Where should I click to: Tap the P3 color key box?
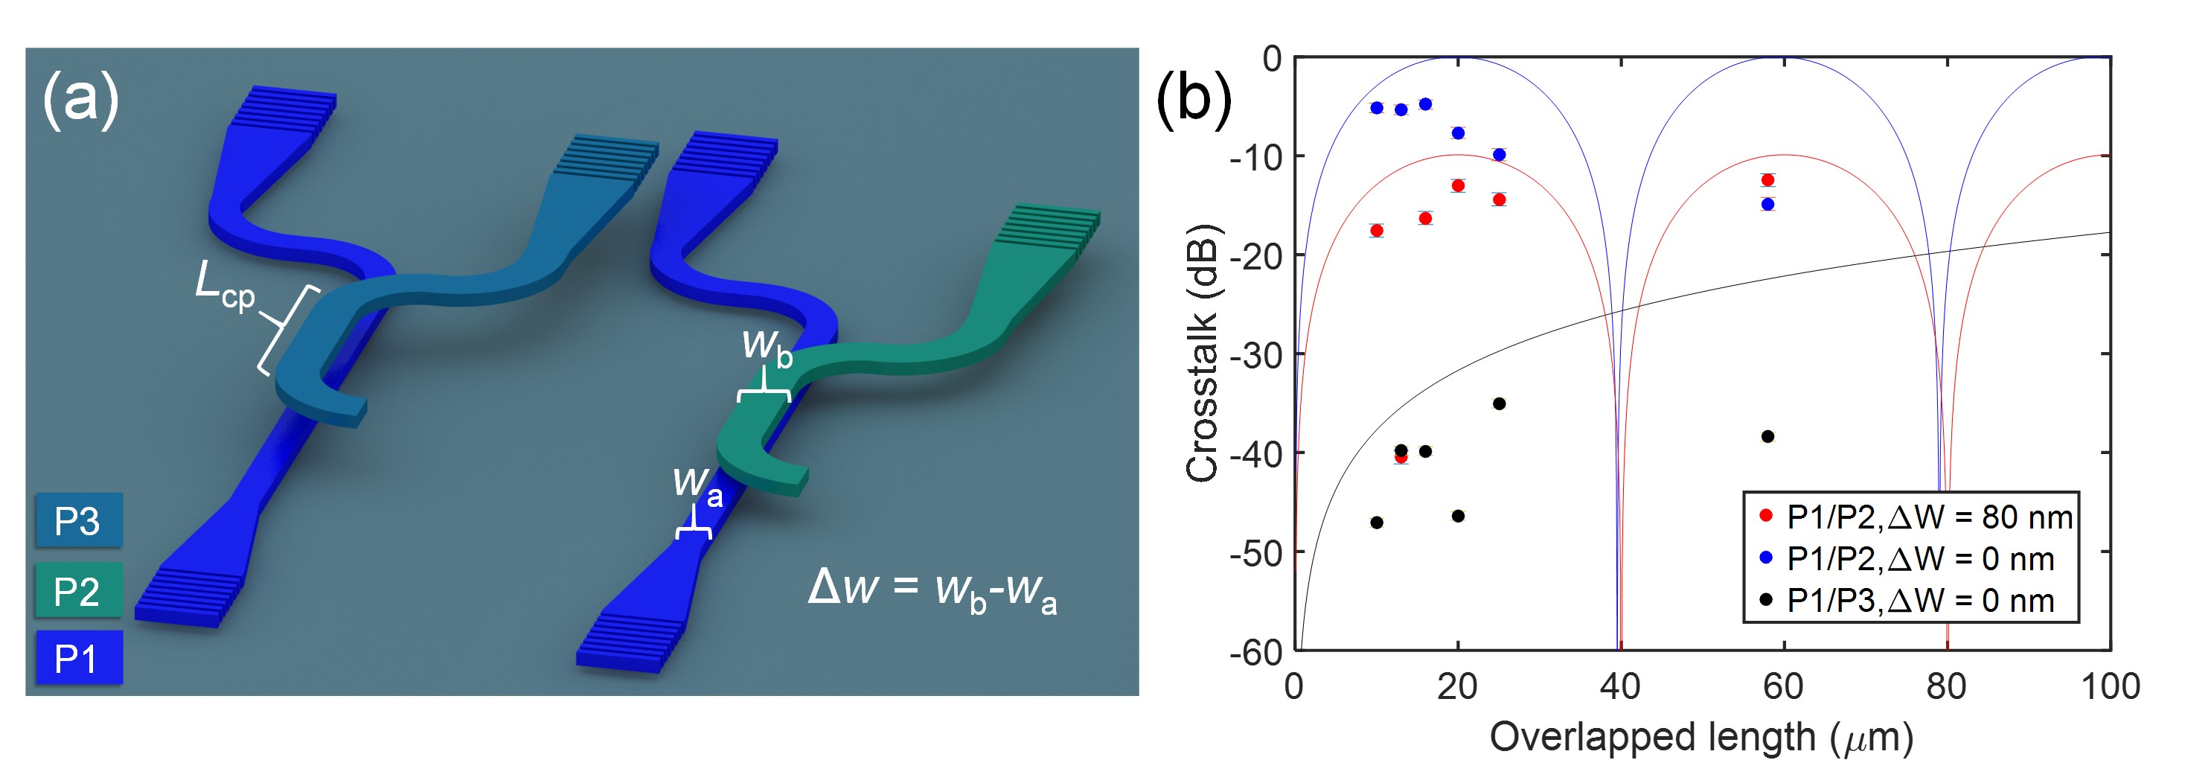[x=78, y=520]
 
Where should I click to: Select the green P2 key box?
[x=78, y=591]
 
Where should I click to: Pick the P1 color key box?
[x=78, y=658]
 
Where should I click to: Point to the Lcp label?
[x=224, y=286]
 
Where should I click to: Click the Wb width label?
[x=766, y=347]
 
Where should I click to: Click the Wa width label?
[x=697, y=485]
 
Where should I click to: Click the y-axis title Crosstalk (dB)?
[x=1202, y=353]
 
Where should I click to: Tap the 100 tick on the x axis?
[x=2110, y=687]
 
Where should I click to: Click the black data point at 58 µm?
[x=1767, y=436]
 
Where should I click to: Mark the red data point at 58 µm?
[x=1767, y=180]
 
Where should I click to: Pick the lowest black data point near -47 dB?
[x=1377, y=522]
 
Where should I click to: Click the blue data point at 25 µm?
[x=1499, y=155]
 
